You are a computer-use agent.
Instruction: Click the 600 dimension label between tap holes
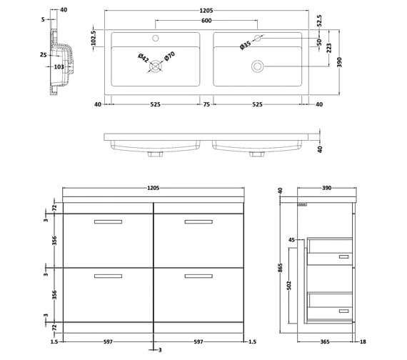pos(206,20)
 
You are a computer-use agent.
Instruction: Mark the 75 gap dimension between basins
pos(206,104)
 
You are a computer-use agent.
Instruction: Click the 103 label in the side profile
pos(59,66)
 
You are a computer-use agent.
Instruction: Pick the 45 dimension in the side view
pos(292,240)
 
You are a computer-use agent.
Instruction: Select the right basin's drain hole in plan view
pos(256,66)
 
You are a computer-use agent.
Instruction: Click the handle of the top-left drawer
pos(108,222)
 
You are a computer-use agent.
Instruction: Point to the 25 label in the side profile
pos(43,54)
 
